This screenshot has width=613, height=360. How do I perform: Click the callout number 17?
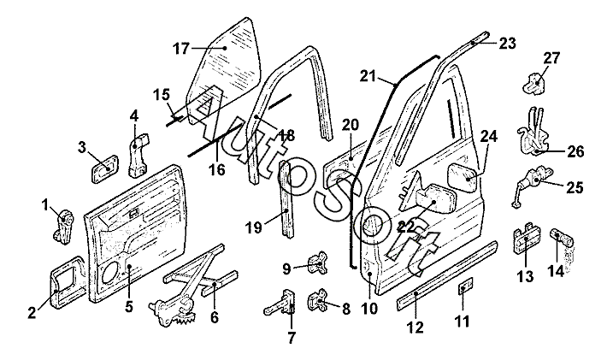tap(180, 49)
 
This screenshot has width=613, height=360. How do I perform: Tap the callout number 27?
tap(551, 59)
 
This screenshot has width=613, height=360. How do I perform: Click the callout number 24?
tap(488, 136)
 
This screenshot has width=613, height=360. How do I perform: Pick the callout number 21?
tap(368, 77)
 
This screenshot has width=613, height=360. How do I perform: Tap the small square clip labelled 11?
tap(465, 288)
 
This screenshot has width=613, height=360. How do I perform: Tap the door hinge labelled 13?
tap(525, 241)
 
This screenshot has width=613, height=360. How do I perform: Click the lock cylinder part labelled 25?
tap(528, 185)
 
